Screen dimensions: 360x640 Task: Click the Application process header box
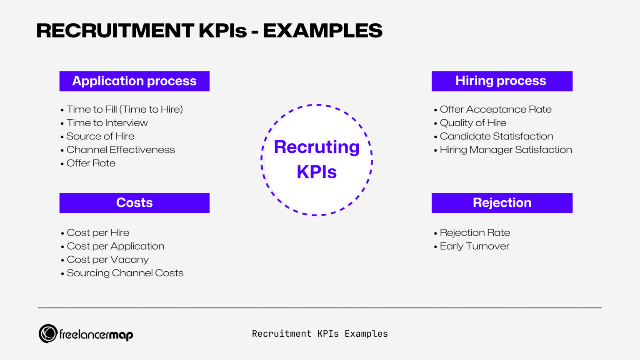[134, 81]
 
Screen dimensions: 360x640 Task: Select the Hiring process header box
[502, 81]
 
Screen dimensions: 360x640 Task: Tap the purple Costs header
[134, 203]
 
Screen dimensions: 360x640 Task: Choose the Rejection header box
[502, 203]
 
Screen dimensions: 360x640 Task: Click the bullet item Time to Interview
[107, 123]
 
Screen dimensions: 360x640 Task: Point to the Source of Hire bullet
[100, 136]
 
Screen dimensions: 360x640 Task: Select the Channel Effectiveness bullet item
[120, 150]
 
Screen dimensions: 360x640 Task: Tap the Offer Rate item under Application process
[91, 163]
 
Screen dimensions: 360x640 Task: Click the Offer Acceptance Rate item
[495, 110]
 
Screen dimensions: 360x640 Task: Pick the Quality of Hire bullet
[473, 123]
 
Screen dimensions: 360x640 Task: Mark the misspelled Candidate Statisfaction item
[496, 136]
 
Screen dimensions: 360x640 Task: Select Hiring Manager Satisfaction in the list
[506, 150]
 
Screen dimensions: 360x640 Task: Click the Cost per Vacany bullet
[107, 260]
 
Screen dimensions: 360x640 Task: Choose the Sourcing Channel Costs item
[125, 273]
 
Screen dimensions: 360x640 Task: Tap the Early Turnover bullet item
[474, 246]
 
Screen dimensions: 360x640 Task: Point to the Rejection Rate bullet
[475, 232]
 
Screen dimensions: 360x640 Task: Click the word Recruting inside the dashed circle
[317, 147]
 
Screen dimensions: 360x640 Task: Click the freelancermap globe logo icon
[48, 334]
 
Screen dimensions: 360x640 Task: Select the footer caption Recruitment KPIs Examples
[320, 334]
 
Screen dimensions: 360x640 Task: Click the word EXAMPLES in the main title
[322, 31]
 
